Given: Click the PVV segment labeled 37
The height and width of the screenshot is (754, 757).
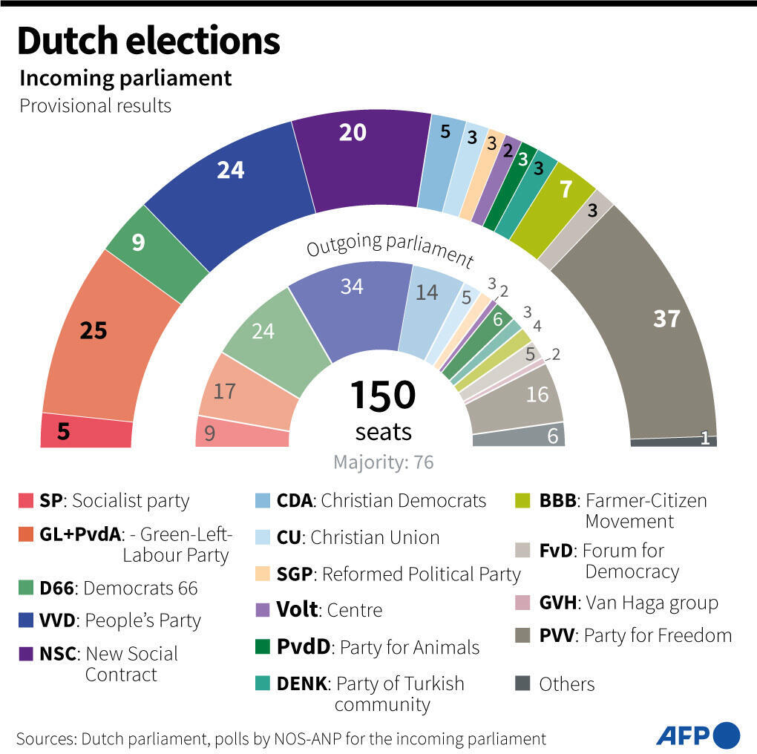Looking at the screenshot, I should [x=653, y=327].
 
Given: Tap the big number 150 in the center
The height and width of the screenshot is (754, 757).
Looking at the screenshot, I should [x=382, y=395].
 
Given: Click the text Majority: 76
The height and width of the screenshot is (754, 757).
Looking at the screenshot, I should [x=383, y=462].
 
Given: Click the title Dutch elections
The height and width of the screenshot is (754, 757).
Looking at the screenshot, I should [x=148, y=41].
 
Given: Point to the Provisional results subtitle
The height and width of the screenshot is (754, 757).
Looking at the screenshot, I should [x=95, y=105].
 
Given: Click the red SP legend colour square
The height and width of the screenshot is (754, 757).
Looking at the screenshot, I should [x=27, y=502].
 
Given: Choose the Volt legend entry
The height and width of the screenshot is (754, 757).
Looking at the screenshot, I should [x=319, y=610].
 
